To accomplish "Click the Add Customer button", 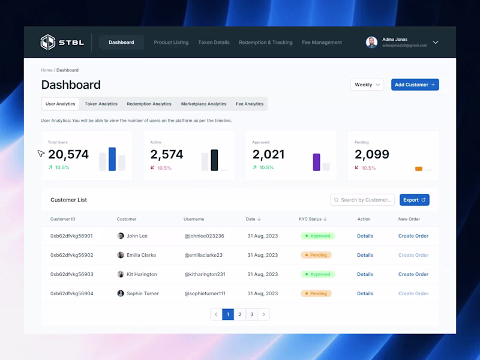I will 415,85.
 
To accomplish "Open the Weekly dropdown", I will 367,85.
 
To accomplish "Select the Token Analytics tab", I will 101,104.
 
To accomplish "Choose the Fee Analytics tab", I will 250,104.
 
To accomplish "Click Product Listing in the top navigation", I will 171,43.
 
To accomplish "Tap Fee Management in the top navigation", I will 322,43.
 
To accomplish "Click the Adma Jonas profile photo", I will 372,42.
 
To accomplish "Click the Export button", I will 414,200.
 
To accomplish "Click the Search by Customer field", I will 363,200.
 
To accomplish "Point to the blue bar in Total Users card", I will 112,159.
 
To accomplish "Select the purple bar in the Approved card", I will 316,162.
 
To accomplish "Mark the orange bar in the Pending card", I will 419,169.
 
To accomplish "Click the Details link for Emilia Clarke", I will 365,255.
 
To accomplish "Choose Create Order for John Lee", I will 413,236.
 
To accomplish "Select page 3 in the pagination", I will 252,314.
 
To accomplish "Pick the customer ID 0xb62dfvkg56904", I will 71,293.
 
